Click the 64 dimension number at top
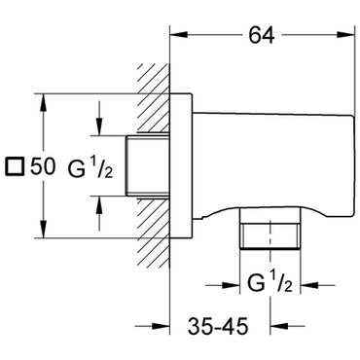(262, 35)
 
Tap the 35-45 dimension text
(218, 326)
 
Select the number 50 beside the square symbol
(43, 166)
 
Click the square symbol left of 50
(15, 166)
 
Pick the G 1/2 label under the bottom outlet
(270, 283)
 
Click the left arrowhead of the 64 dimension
(179, 35)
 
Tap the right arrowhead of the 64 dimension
(346, 35)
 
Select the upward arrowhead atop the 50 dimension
(43, 103)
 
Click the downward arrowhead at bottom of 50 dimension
(43, 229)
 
